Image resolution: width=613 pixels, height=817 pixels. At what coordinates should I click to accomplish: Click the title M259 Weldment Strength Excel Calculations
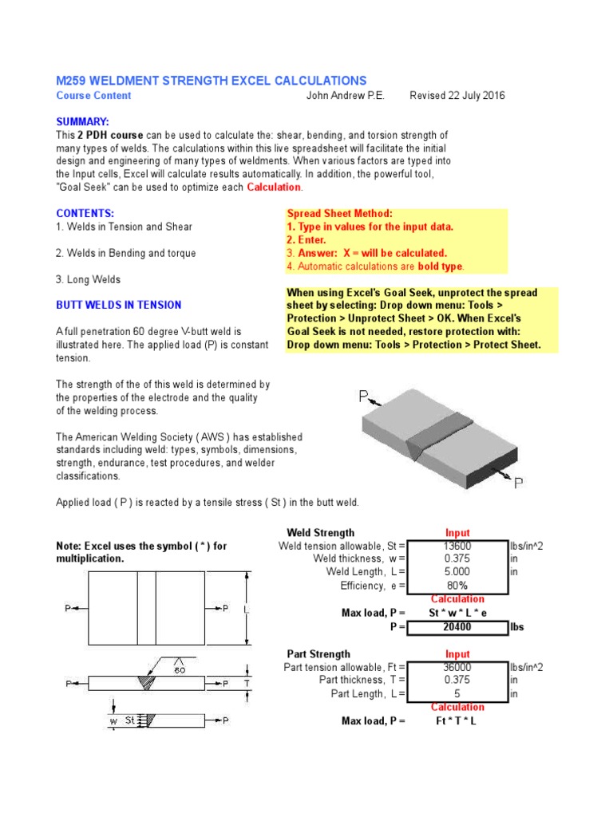coord(211,81)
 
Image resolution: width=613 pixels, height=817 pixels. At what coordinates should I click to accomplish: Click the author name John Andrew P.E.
coord(345,96)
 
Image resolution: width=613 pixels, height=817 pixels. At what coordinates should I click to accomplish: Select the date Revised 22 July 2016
coord(457,96)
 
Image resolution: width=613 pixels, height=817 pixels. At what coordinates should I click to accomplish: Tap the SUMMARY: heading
coord(81,121)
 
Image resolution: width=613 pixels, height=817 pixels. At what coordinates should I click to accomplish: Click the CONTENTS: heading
coord(85,214)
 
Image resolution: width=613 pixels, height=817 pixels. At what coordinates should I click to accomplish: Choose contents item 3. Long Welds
coord(89,279)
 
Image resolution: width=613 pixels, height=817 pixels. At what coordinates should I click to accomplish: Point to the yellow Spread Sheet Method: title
coord(339,215)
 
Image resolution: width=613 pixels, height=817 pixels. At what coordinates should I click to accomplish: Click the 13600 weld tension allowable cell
coord(457,546)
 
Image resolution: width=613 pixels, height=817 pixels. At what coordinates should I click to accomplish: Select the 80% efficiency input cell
coord(457,586)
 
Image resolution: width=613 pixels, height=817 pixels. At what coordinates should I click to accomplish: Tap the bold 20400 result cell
coord(457,627)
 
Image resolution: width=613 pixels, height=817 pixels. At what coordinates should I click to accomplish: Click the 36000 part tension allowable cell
coord(457,667)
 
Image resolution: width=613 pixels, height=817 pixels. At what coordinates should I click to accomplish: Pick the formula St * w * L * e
coord(457,613)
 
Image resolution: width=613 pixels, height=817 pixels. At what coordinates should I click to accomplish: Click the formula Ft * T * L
coord(457,720)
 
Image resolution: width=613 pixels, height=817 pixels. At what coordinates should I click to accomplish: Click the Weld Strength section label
coord(321,532)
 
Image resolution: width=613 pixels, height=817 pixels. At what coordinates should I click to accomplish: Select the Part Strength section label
coord(318,654)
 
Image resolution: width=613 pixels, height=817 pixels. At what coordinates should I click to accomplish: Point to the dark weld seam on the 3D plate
coord(436,436)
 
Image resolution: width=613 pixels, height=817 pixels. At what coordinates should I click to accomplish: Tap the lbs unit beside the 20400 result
coord(518,627)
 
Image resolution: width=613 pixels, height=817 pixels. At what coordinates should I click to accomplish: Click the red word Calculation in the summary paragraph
coord(275,187)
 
